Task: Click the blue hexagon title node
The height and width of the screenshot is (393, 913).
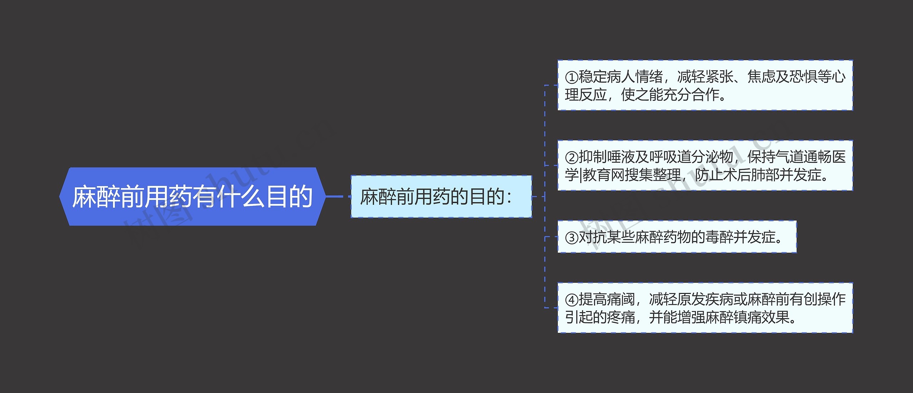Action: [192, 196]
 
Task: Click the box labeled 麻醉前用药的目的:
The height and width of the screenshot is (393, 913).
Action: [441, 196]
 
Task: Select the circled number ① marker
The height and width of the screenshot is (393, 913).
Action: [572, 77]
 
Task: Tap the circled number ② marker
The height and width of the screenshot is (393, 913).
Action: [572, 157]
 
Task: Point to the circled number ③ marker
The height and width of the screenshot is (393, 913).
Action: [572, 237]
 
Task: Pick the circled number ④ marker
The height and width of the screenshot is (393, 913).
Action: [572, 300]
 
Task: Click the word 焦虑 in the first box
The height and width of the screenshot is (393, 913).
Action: [761, 77]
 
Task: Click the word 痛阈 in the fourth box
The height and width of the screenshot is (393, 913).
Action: [621, 299]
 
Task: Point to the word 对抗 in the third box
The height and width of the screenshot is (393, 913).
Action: [593, 237]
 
